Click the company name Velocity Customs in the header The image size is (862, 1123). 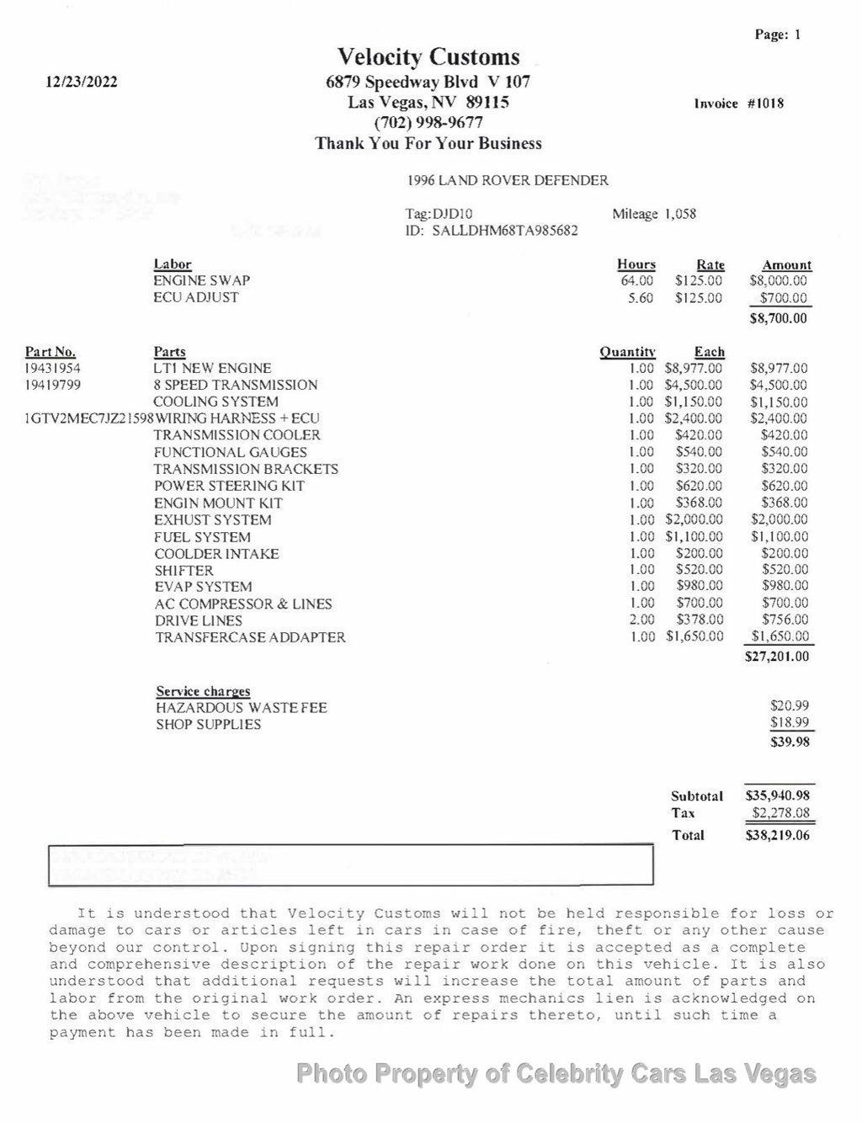coord(428,57)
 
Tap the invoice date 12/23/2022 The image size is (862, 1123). coord(82,82)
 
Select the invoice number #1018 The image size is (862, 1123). coord(765,104)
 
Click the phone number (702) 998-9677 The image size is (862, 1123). coord(428,123)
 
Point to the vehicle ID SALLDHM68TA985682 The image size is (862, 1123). coord(504,230)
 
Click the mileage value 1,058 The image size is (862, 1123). coord(680,214)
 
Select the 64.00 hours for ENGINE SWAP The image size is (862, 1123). coord(636,280)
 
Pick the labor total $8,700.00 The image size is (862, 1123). coord(778,318)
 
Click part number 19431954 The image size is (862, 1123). coord(53,368)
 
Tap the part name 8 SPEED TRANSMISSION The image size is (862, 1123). coord(236,385)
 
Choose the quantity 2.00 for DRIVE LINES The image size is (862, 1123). coord(641,620)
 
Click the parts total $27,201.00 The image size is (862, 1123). coord(777,656)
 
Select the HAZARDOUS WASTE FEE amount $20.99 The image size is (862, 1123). coord(789,706)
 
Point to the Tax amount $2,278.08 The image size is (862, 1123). coord(781,813)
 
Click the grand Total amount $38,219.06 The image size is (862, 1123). coord(778,835)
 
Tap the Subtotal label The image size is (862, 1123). coord(697,796)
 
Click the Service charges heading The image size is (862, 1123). coord(203,691)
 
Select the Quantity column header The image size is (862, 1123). coord(627,352)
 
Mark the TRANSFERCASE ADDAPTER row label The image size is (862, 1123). coord(250,637)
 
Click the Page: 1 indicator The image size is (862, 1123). coord(778,35)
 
